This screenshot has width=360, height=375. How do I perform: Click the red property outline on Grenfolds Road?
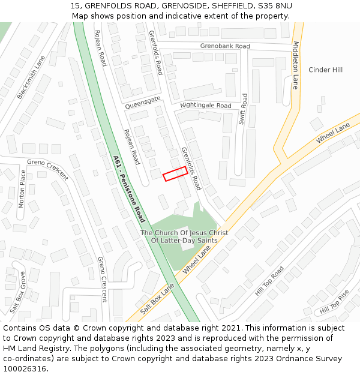[x=175, y=173]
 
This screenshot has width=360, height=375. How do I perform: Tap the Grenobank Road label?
[x=225, y=46]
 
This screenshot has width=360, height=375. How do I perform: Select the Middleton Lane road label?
[x=295, y=65]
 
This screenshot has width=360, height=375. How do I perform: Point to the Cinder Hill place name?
[x=325, y=70]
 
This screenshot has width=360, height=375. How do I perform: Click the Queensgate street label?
[x=143, y=101]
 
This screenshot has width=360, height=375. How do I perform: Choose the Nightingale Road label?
[x=205, y=106]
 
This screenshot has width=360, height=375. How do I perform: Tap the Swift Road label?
[x=242, y=109]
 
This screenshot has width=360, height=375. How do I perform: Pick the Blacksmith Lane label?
[x=31, y=77]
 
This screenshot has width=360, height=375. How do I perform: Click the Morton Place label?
[x=22, y=188]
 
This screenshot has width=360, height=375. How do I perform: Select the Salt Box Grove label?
[x=18, y=292]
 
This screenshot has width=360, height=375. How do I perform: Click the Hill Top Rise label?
[x=334, y=302]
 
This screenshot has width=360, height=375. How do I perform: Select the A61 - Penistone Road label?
[x=129, y=188]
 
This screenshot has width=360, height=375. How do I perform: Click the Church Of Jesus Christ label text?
[x=184, y=233]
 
